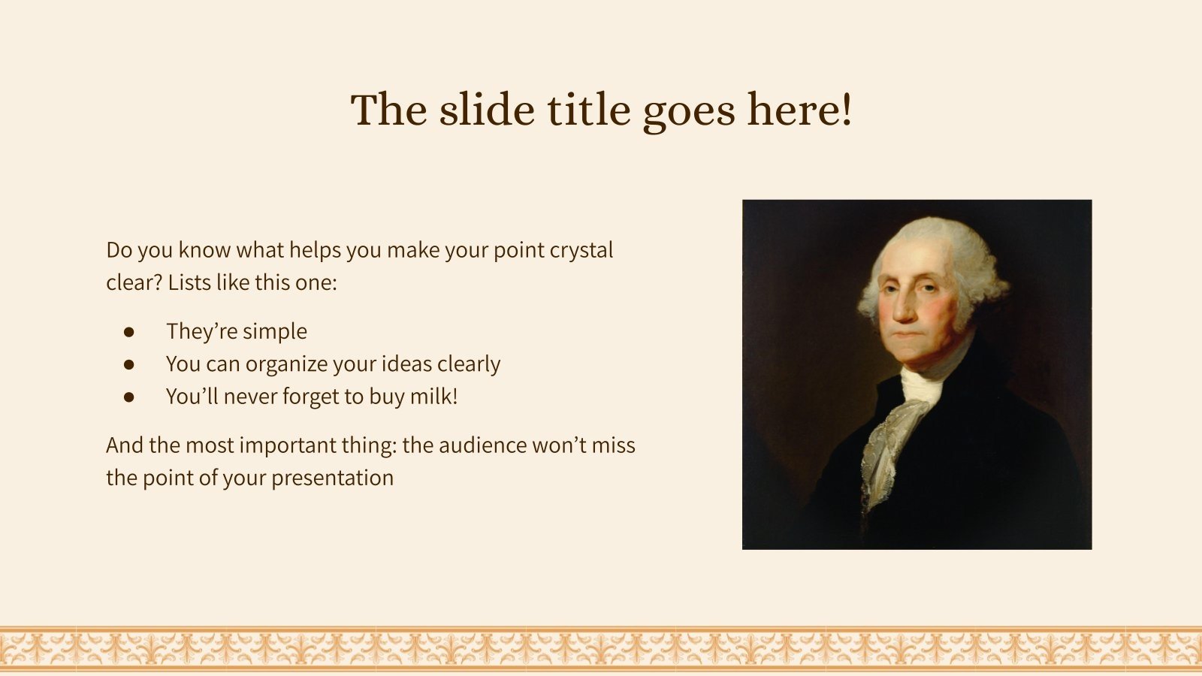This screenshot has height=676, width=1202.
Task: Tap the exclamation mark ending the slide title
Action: point(847,110)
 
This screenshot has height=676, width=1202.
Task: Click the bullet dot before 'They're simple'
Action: point(129,331)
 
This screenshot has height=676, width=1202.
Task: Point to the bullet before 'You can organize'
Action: point(129,364)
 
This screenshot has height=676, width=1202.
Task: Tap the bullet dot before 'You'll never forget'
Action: point(129,397)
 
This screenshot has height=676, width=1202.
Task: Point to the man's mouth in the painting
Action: point(911,335)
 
